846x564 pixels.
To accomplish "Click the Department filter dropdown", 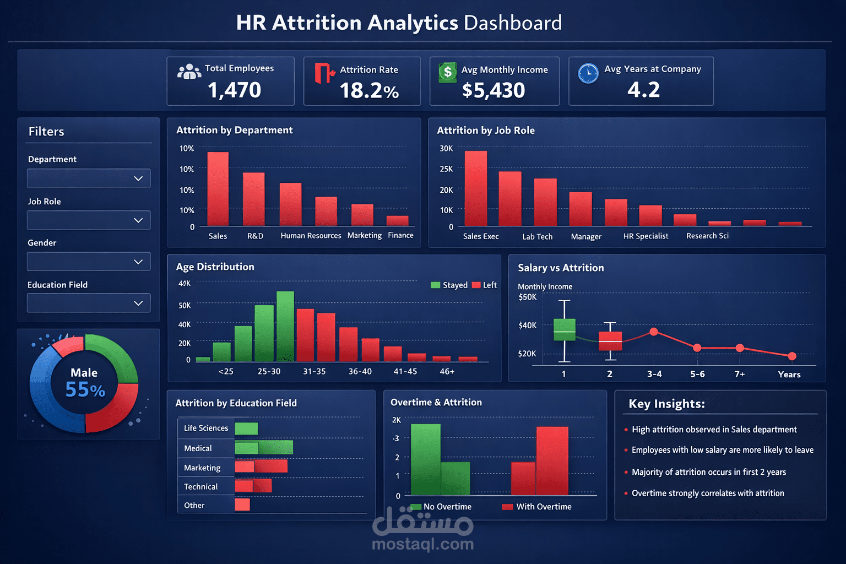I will coord(89,178).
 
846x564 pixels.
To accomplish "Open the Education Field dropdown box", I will coord(89,303).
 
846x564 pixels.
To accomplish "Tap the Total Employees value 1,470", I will coord(234,90).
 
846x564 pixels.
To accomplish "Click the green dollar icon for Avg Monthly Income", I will coord(447,72).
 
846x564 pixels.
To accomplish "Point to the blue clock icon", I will coord(588,73).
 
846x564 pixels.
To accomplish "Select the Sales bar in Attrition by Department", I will coord(218,189).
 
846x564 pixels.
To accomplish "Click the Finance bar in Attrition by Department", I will coord(397,221).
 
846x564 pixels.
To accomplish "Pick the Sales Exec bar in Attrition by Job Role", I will coord(476,188).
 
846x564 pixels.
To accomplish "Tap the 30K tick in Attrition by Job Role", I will coord(446,149).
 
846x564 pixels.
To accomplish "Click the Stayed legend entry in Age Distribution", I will coord(449,285).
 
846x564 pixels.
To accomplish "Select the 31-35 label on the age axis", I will coord(314,372).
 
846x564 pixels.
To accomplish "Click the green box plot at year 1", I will coord(564,330).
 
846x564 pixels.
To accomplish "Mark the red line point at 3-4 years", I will coord(654,332).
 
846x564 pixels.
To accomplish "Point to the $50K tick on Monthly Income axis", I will coord(527,297).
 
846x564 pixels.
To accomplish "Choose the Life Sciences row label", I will coord(205,428).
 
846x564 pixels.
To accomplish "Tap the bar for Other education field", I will coord(242,505).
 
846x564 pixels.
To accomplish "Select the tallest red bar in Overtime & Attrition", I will coord(552,460).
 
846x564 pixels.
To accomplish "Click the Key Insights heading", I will coord(666,404).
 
